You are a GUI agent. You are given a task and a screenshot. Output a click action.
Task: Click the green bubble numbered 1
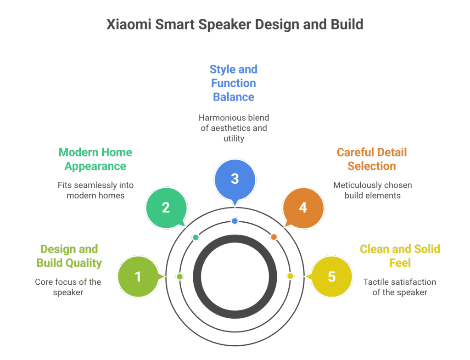point(138,276)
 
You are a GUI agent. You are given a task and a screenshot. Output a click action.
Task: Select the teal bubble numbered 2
point(166,208)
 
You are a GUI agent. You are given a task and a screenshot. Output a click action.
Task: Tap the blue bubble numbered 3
point(235,179)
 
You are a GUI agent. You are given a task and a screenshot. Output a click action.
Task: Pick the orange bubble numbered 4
point(303,208)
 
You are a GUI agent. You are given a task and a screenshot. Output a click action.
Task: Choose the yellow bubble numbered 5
point(331,276)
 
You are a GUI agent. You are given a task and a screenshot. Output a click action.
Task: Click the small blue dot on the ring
point(235,221)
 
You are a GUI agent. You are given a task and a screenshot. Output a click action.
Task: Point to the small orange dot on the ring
point(274,237)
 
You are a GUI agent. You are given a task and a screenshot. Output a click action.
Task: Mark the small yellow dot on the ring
point(290,276)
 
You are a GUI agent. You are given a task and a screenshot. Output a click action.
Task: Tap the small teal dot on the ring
point(196,237)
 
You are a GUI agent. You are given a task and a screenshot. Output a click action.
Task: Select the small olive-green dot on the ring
point(180,276)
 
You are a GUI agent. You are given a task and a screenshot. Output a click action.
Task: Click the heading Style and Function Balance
point(233,83)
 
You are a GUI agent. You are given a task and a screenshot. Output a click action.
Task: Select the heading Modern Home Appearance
point(95,159)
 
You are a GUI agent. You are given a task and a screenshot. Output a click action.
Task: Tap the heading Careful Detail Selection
point(372,159)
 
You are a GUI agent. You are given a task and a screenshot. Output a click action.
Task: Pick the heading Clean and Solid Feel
point(400,256)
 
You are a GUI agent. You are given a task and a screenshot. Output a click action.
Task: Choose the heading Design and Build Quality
point(69,256)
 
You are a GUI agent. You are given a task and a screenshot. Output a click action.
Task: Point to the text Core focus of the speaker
point(68,287)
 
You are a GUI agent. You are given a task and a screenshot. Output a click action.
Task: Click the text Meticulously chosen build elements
point(372,190)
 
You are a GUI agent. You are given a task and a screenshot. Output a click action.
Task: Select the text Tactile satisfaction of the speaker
point(399,287)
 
